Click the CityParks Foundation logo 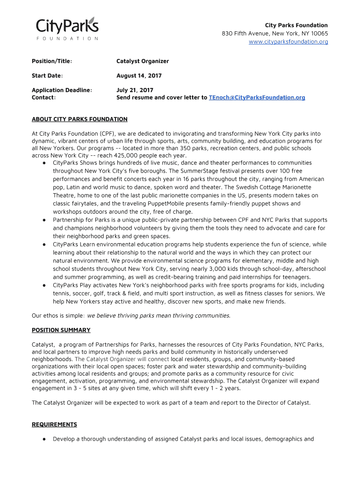click(x=67, y=28)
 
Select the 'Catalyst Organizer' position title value click(x=143, y=61)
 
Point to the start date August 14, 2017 click(x=139, y=76)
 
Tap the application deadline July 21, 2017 click(x=135, y=90)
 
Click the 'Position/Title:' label click(x=51, y=61)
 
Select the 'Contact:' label click(x=43, y=97)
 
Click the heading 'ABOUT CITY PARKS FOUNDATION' click(x=79, y=119)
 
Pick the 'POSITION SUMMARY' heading click(x=61, y=330)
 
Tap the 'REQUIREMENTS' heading click(x=54, y=425)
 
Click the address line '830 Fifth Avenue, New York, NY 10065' click(x=275, y=34)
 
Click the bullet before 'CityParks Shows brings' click(x=43, y=163)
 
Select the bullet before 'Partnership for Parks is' click(x=43, y=220)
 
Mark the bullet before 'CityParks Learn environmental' click(x=43, y=244)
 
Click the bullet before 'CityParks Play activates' click(x=43, y=285)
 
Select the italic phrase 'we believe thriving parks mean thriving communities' click(x=158, y=315)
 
